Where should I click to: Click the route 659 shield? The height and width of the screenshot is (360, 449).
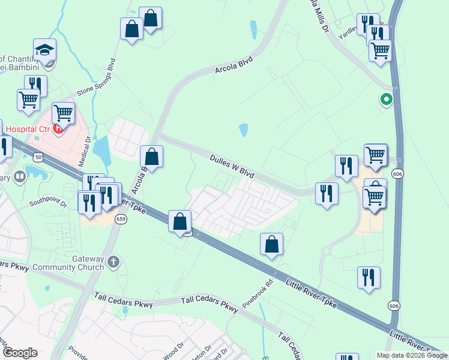coord(121,219)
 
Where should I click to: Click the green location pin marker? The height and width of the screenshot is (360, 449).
coord(387,100)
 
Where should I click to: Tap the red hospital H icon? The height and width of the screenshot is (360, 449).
coord(58,128)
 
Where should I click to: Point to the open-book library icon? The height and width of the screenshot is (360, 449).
coord(19,176)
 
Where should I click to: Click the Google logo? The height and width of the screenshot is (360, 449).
coord(19,353)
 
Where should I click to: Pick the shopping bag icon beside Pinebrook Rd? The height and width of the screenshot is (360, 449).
coord(271,244)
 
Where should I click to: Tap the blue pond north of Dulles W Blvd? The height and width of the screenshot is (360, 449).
coord(243,130)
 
